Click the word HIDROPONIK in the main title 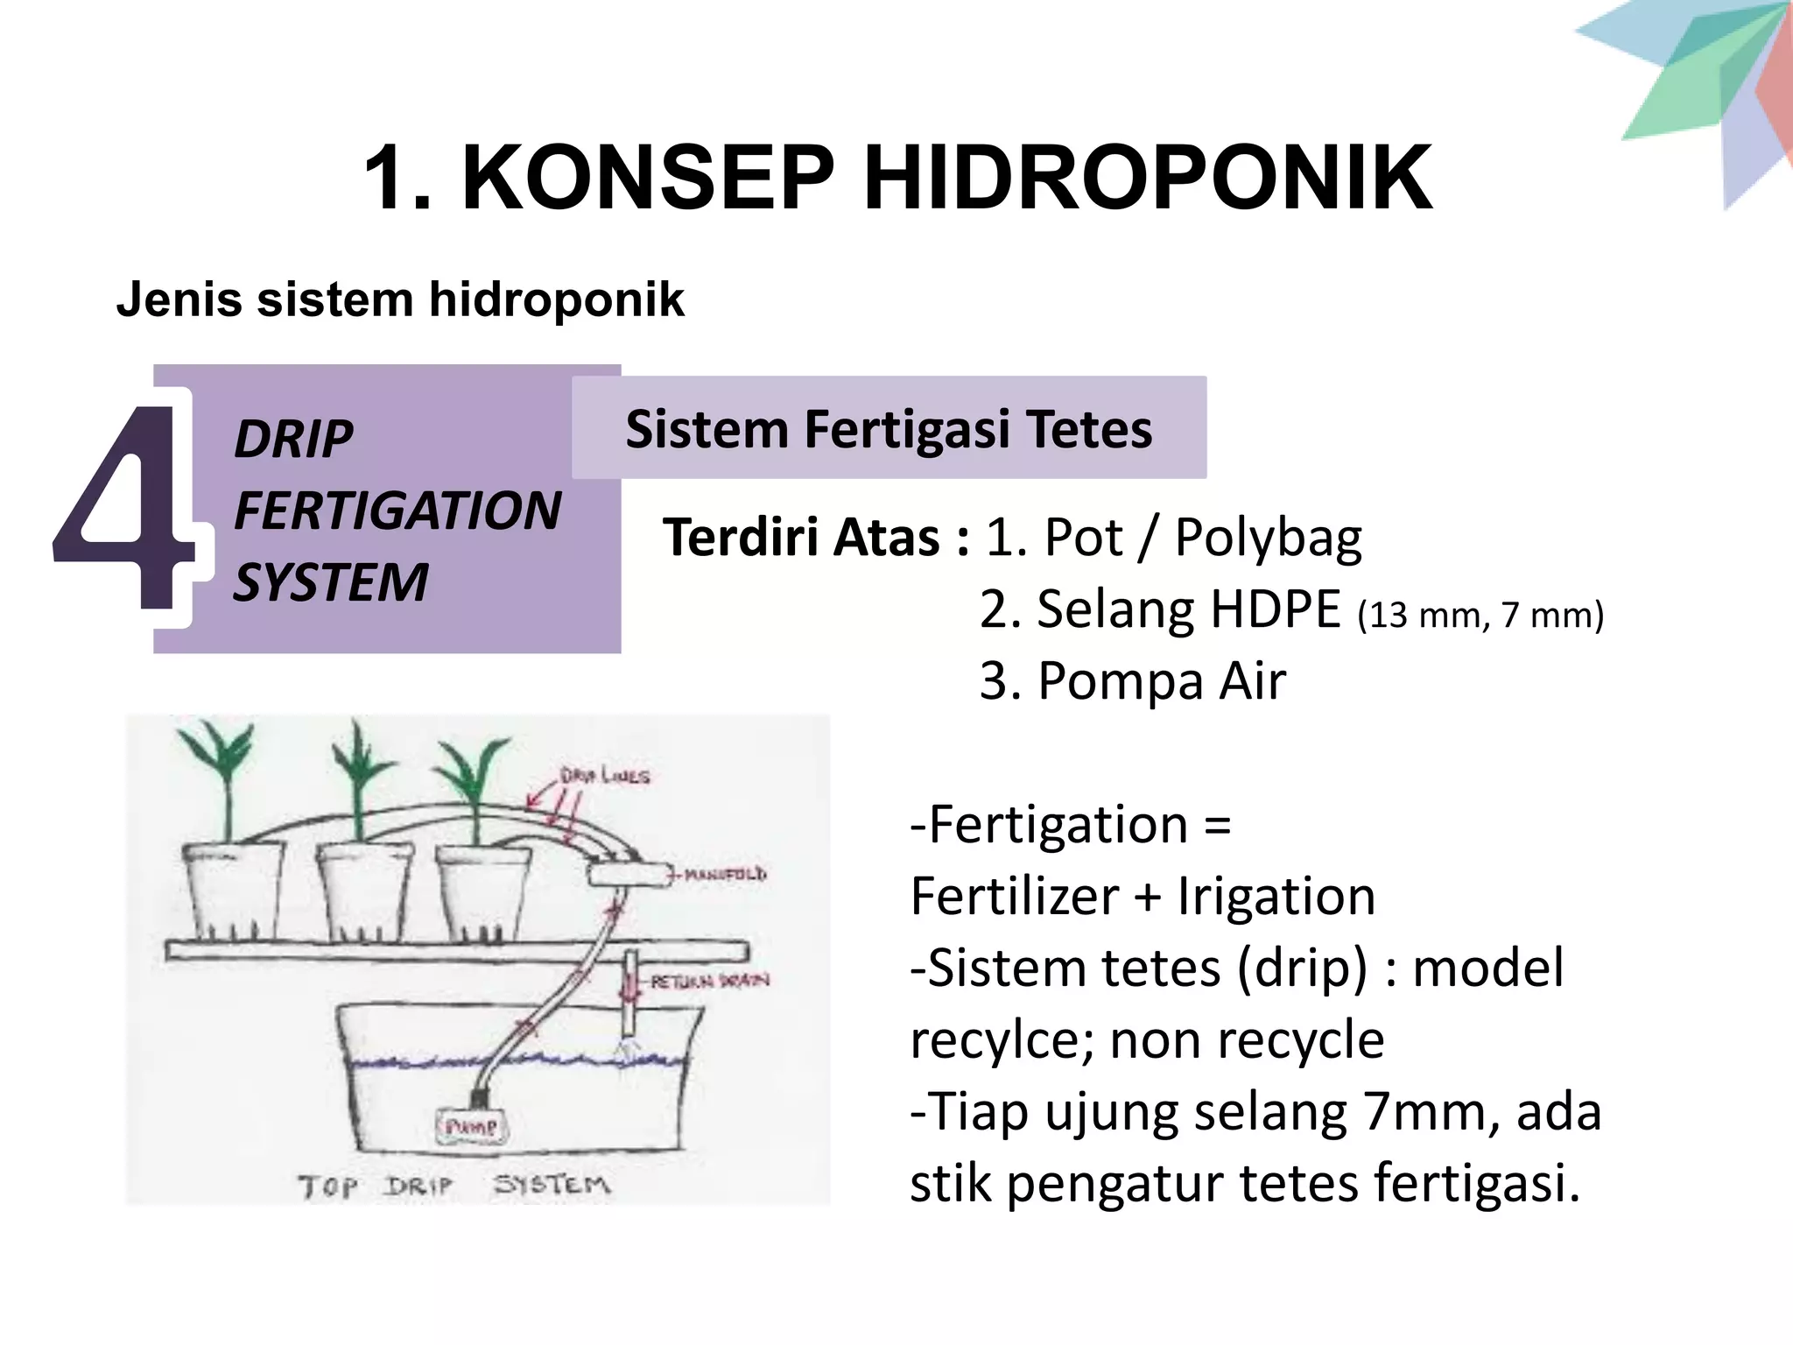1148,178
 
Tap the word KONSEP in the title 648,178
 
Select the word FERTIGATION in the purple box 397,511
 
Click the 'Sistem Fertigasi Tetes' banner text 889,429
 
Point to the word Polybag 1268,538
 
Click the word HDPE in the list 1276,609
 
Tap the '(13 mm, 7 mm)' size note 1480,615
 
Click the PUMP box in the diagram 472,1126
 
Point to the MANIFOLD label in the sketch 724,874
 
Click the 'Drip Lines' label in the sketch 605,776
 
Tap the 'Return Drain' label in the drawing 709,981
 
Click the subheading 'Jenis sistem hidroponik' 400,299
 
